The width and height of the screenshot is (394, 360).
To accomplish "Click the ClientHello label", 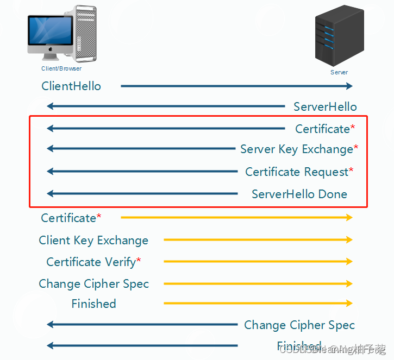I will point(71,86).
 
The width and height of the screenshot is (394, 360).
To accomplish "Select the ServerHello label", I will point(325,106).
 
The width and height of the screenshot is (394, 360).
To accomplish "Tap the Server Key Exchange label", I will point(297,149).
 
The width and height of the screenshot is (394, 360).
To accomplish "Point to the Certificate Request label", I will point(297,172).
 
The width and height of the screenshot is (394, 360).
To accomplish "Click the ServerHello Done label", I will point(299,194).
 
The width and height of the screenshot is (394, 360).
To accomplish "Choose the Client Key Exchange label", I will point(93,240).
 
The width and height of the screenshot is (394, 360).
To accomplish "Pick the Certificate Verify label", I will point(91,262).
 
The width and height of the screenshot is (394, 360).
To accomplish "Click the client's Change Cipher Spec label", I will point(93,283).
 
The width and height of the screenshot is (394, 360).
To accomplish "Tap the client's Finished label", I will point(93,304).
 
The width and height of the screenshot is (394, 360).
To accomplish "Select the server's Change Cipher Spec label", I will point(299,325).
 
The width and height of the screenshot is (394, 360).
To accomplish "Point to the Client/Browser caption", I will point(61,69).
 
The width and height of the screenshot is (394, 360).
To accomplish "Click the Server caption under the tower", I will point(339,72).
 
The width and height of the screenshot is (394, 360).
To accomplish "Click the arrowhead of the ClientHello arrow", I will point(349,86).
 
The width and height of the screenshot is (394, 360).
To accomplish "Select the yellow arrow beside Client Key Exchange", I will point(258,239).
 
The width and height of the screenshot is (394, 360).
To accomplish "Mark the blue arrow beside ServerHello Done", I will point(142,193).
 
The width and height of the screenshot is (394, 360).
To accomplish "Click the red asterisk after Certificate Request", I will point(351,170).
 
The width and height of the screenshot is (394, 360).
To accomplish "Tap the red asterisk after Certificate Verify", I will point(139,261).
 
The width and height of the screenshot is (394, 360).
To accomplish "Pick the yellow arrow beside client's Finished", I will point(258,303).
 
